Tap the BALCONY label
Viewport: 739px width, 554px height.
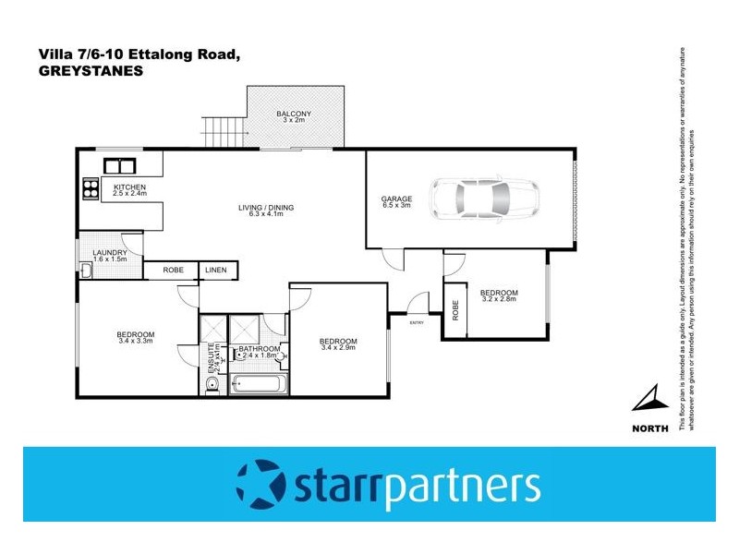[x=294, y=114]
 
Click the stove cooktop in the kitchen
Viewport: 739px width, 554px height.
[x=91, y=188]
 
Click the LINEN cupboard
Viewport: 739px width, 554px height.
[x=215, y=270]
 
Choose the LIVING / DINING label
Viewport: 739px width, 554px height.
[x=265, y=208]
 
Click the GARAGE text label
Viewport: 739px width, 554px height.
[x=396, y=199]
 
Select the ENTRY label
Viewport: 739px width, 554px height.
[x=416, y=321]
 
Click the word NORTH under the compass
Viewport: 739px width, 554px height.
[x=650, y=428]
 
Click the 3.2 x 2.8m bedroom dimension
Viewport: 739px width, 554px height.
[x=499, y=299]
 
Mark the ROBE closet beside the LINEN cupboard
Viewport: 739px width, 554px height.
[x=173, y=270]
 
